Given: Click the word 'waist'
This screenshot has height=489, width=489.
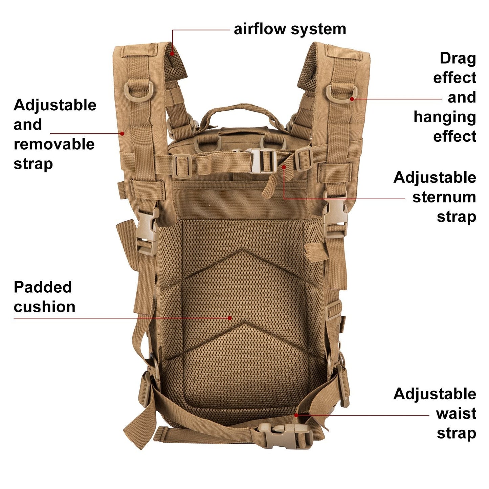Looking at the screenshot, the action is pyautogui.click(x=456, y=413).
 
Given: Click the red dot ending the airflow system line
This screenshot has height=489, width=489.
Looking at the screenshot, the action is pyautogui.click(x=172, y=53).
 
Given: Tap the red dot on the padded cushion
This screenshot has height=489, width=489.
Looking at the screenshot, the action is pyautogui.click(x=230, y=318).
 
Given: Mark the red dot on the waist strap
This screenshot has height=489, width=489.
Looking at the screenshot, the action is pyautogui.click(x=296, y=415).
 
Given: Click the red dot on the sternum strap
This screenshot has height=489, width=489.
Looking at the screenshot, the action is pyautogui.click(x=284, y=167).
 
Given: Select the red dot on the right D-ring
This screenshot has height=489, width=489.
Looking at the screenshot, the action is pyautogui.click(x=352, y=99).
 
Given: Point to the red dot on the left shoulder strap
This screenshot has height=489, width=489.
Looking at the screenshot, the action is pyautogui.click(x=122, y=133).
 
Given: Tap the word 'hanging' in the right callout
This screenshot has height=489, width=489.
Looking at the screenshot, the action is pyautogui.click(x=445, y=117).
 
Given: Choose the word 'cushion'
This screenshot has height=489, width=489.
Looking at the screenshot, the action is pyautogui.click(x=44, y=307).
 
